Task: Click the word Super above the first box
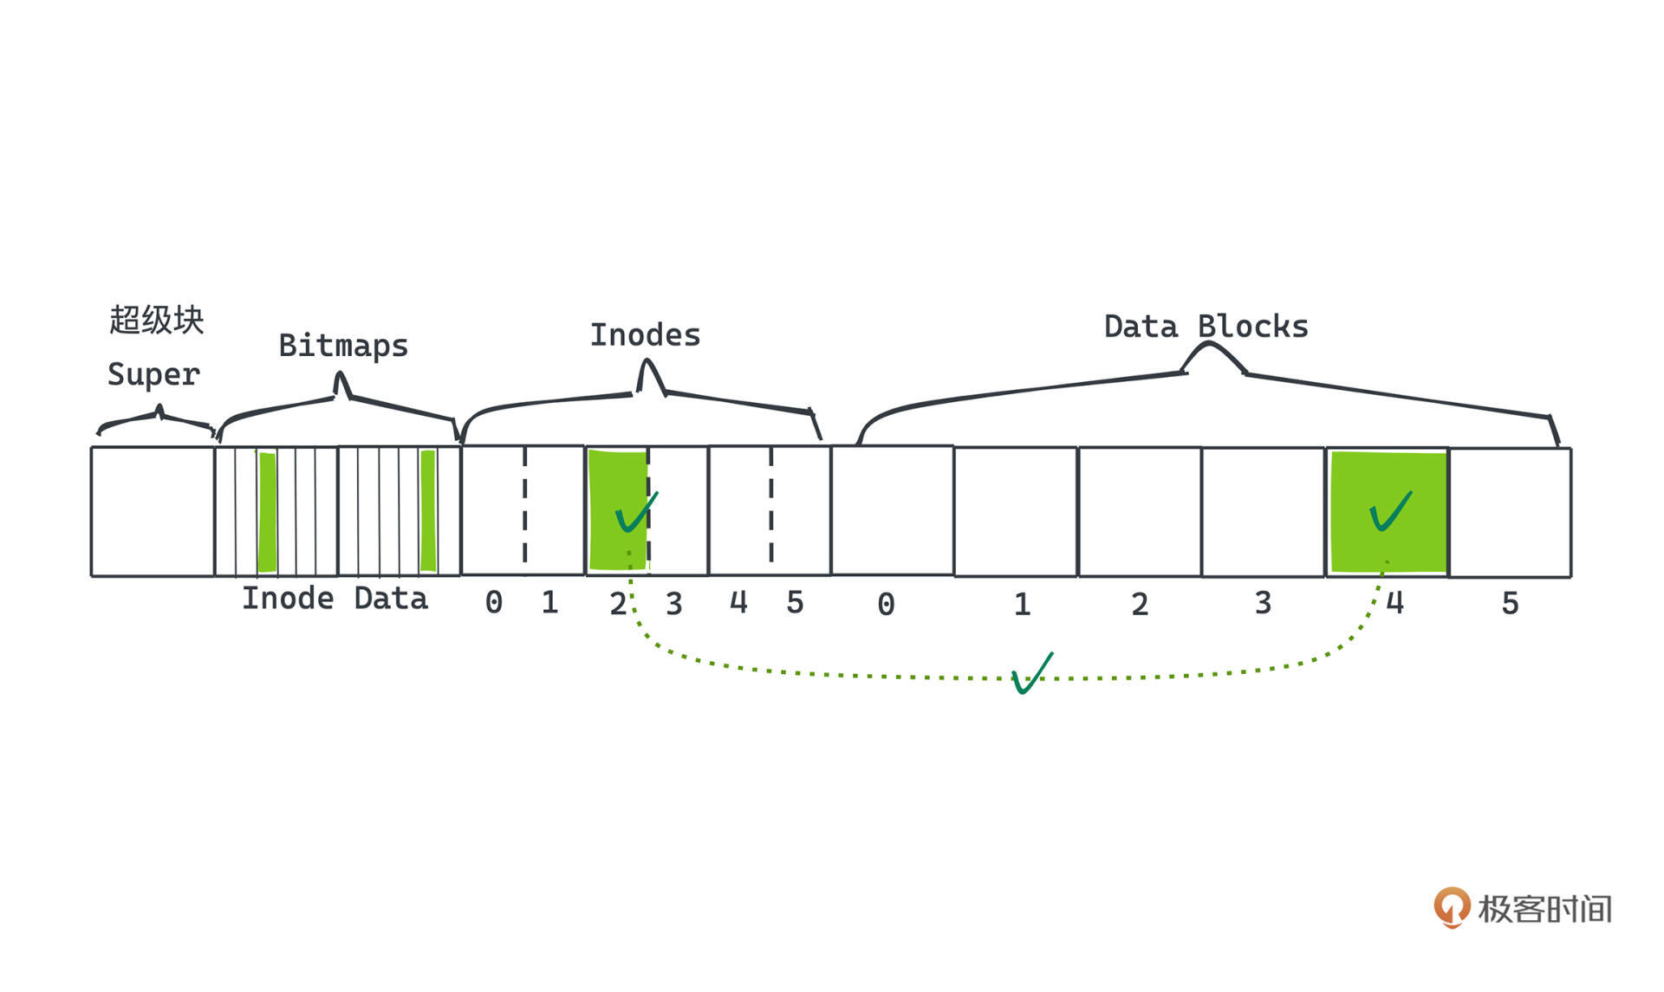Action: [153, 374]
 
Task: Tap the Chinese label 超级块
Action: [156, 320]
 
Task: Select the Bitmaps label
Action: [343, 346]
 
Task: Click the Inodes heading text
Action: [645, 335]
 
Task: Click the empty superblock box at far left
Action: [153, 511]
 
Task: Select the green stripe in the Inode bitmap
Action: [268, 512]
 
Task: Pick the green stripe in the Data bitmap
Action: [427, 512]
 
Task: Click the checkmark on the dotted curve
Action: [1031, 673]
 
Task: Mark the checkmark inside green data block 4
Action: [1390, 510]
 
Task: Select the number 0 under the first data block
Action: [886, 604]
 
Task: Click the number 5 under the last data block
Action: [1510, 603]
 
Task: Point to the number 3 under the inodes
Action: [673, 603]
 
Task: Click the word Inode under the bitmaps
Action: [287, 599]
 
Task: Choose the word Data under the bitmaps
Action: [391, 599]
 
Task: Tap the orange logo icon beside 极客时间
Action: [1452, 907]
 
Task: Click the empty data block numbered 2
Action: [1140, 511]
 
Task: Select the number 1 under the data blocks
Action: [1022, 604]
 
